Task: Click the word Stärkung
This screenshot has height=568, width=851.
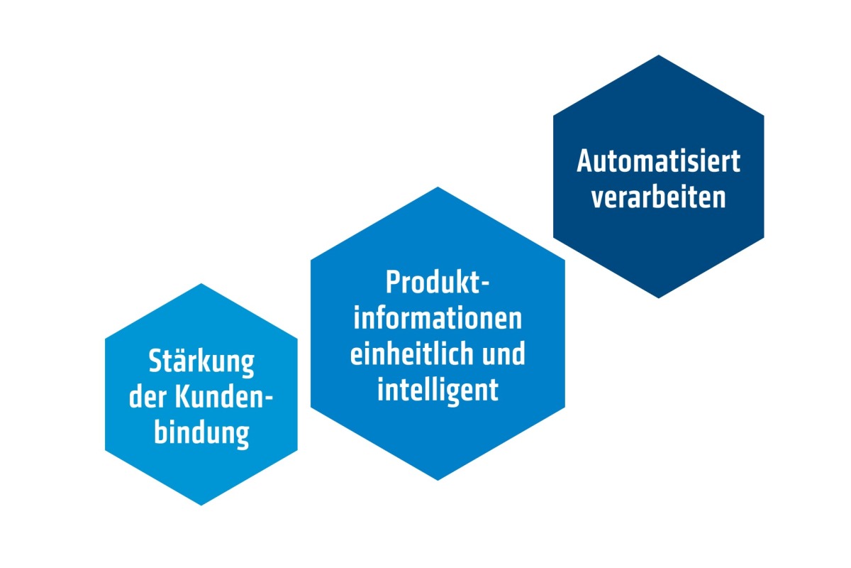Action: [x=201, y=363]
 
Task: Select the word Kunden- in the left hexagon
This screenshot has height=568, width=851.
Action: [x=224, y=397]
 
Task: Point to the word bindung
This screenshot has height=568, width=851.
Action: [x=201, y=435]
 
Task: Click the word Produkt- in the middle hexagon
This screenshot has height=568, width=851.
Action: [x=438, y=283]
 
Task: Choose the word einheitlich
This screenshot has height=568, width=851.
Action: [x=413, y=354]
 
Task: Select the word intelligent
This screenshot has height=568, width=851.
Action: [x=438, y=390]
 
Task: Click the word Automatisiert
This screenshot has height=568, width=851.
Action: [x=658, y=161]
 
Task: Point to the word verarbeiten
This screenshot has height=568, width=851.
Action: [x=658, y=197]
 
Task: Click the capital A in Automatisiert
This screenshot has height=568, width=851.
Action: [x=586, y=161]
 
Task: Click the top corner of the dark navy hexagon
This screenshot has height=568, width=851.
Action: [x=658, y=55]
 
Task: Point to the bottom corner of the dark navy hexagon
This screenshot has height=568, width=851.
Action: [x=658, y=298]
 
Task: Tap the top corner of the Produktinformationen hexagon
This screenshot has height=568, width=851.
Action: [x=438, y=187]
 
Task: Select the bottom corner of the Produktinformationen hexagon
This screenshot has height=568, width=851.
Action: [x=438, y=480]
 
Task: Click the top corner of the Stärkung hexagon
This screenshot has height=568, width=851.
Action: [x=201, y=283]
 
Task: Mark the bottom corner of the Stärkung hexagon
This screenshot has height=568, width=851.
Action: [x=201, y=506]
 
